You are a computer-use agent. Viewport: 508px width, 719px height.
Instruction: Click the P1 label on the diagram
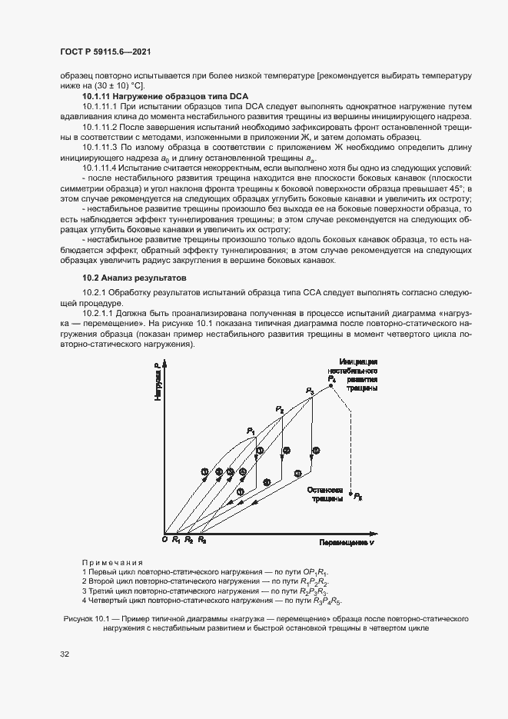click(x=251, y=431)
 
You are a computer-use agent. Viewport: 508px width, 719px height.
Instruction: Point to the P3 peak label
click(x=310, y=391)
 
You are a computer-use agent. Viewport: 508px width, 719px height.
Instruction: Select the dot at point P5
click(x=350, y=494)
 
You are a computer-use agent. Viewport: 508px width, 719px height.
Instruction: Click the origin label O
click(x=164, y=541)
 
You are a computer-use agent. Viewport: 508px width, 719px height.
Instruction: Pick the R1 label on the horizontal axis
click(x=176, y=541)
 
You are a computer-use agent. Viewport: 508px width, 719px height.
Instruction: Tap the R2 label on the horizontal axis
click(x=189, y=541)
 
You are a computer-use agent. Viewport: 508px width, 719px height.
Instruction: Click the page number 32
click(x=65, y=654)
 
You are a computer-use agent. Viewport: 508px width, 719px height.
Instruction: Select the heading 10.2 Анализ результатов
click(x=129, y=277)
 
